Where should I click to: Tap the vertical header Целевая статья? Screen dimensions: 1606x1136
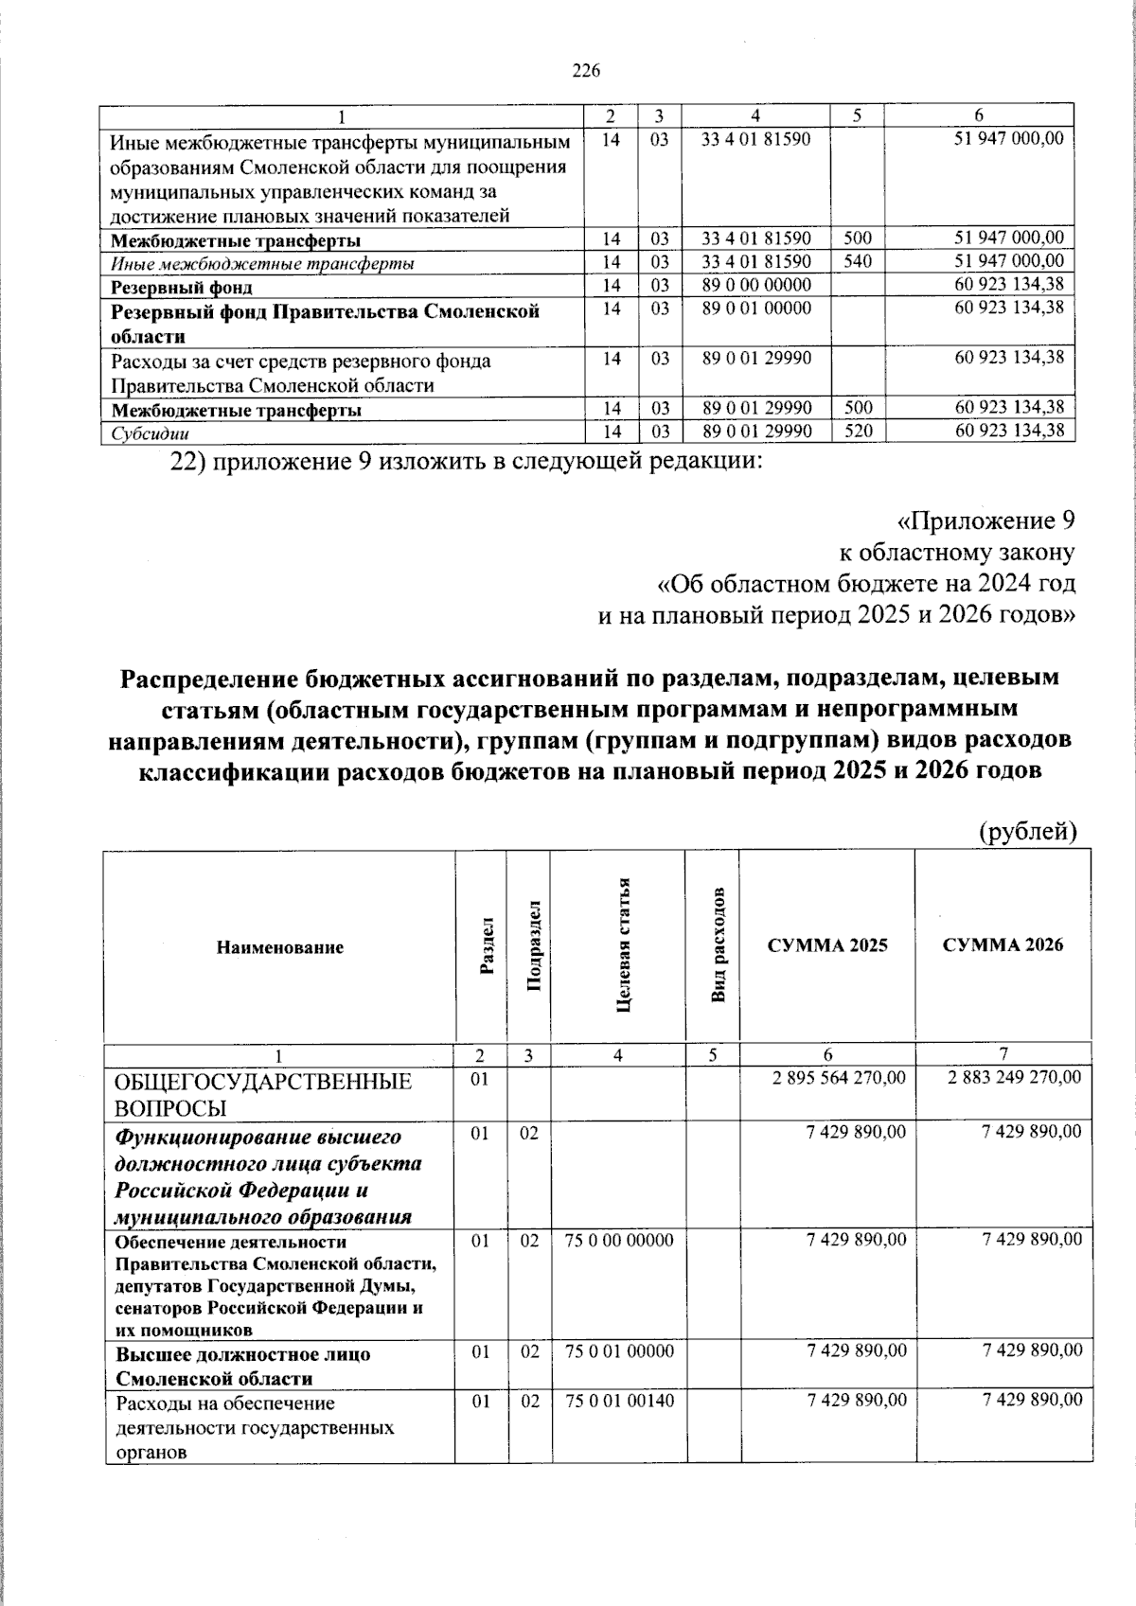[622, 944]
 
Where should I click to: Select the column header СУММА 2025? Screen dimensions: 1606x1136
[827, 944]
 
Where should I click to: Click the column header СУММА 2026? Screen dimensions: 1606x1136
[1003, 944]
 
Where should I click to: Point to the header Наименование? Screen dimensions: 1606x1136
[279, 946]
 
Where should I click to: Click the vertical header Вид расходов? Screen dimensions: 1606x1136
[719, 945]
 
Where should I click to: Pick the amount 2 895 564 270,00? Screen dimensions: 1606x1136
[839, 1078]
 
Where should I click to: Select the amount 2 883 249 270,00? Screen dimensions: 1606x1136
[1015, 1078]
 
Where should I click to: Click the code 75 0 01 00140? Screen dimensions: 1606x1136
[619, 1400]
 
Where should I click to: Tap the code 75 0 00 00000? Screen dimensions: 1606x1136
[619, 1240]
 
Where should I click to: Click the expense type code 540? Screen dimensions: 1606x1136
[858, 261]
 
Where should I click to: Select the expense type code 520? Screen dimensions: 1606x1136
[858, 432]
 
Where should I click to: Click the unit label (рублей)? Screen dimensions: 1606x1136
[1027, 831]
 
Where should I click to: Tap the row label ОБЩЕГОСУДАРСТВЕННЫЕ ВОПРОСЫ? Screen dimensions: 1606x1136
[263, 1094]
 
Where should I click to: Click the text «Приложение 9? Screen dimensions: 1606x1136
[985, 521]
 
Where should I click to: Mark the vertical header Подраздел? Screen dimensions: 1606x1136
[533, 945]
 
